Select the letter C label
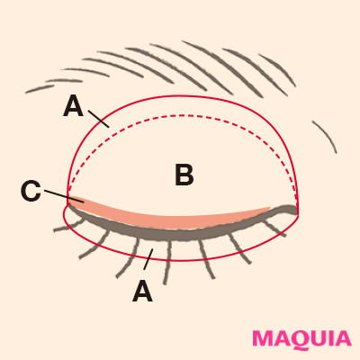click(31, 191)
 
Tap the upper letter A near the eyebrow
click(73, 106)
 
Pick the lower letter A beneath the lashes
click(143, 291)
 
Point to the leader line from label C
click(64, 196)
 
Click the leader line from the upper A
click(98, 119)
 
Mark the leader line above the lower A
click(148, 259)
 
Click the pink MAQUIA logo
click(301, 339)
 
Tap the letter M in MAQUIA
click(263, 338)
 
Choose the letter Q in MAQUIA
click(300, 340)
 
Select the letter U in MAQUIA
click(319, 339)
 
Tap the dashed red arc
click(183, 115)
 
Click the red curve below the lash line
click(180, 260)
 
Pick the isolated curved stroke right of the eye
click(327, 136)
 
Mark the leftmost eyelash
click(68, 227)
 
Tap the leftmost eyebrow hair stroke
click(39, 89)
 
